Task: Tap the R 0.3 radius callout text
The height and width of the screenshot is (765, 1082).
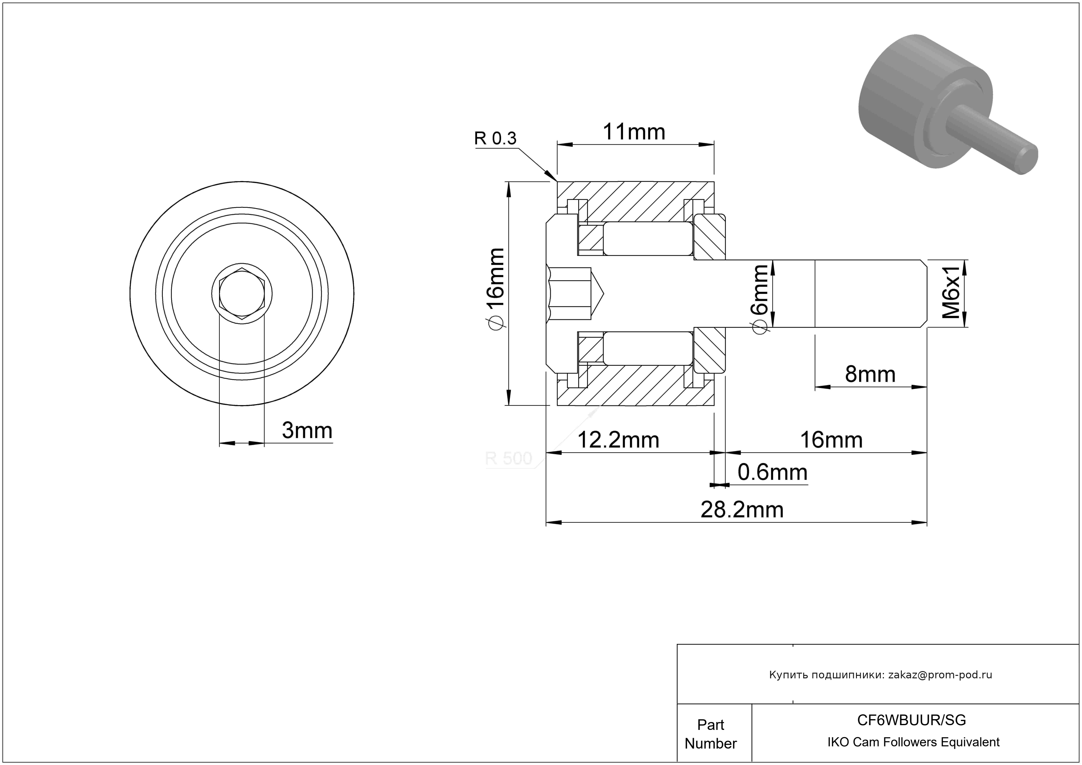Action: point(495,139)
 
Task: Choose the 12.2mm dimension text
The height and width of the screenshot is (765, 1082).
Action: point(618,440)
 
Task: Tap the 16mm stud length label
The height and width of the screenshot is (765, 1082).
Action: point(831,440)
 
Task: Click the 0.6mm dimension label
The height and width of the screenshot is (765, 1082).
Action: point(773,472)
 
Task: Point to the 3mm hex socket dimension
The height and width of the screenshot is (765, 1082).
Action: point(307,430)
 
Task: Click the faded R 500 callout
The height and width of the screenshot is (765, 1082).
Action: point(509,458)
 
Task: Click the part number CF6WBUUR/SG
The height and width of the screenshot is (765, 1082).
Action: point(911,720)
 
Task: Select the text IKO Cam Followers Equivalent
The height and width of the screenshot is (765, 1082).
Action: point(913,742)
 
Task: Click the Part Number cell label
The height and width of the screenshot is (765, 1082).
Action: point(711,734)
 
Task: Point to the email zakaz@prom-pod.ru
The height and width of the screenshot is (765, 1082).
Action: point(940,675)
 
